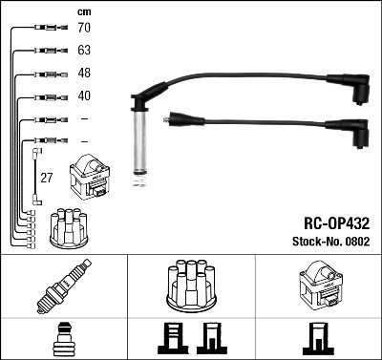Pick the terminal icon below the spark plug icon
(63, 339)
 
